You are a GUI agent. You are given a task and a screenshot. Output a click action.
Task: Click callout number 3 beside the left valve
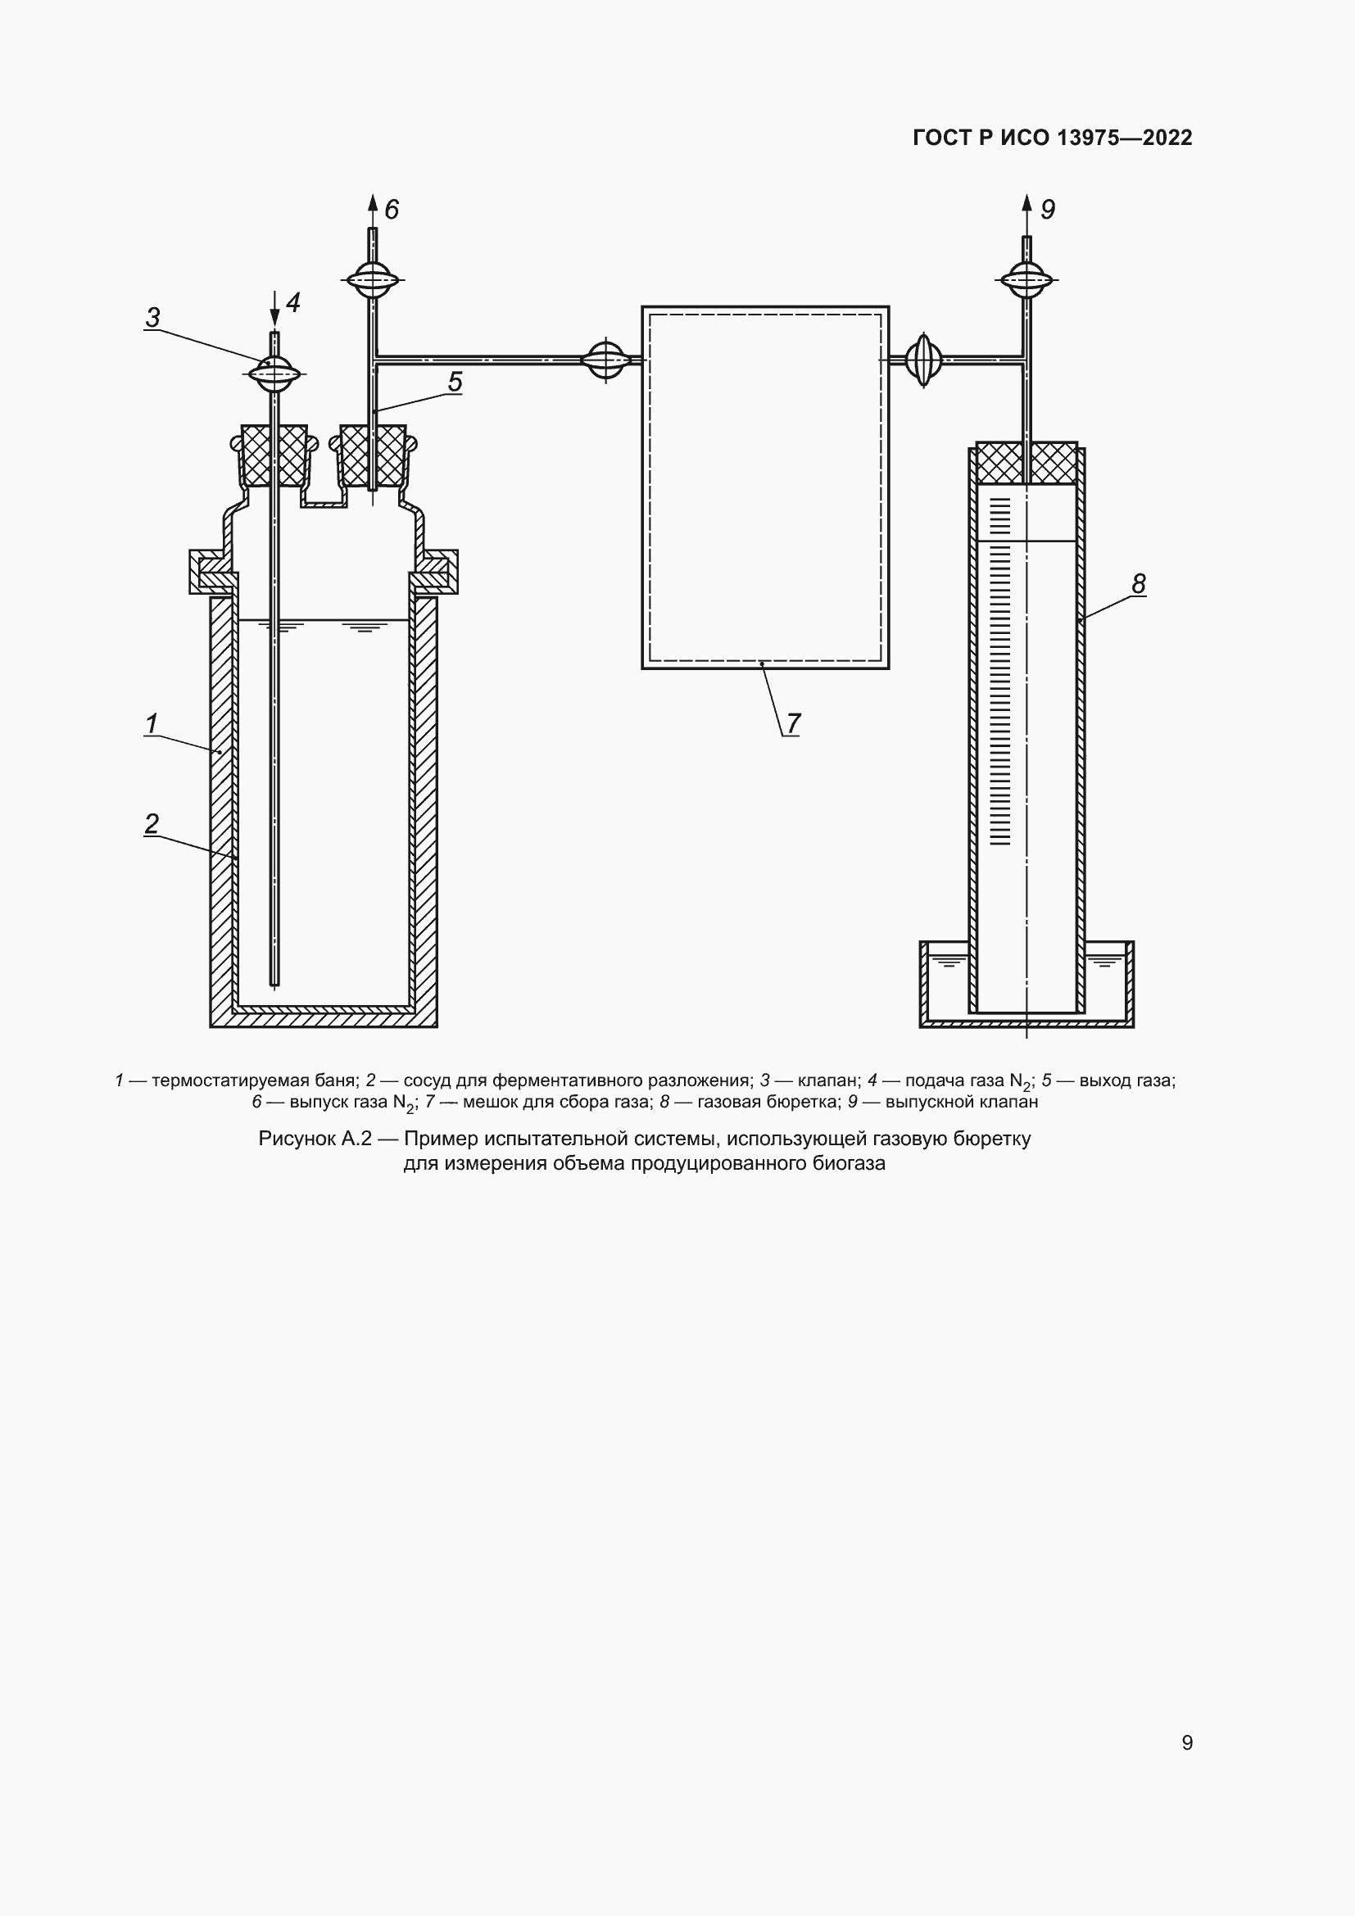152,318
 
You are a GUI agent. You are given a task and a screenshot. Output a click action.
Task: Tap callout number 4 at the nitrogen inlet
292,302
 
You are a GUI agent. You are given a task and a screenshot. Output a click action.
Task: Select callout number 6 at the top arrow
392,209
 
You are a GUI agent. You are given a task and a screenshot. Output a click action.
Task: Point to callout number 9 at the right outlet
1048,209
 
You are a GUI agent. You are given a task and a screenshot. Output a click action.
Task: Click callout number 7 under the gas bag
793,723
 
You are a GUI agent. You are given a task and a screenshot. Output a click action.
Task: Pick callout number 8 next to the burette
1139,583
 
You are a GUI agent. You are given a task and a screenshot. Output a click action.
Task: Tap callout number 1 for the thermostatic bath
152,723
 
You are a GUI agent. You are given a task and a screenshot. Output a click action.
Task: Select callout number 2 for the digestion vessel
152,823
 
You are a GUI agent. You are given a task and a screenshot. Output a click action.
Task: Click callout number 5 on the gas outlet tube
455,382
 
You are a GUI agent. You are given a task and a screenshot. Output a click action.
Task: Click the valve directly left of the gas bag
606,360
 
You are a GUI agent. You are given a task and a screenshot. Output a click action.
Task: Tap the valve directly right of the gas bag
923,360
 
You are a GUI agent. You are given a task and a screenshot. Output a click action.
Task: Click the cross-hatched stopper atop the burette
1027,463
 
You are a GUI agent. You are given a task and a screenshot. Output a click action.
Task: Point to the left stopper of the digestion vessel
274,456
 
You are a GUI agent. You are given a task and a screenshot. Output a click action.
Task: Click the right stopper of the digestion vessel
373,456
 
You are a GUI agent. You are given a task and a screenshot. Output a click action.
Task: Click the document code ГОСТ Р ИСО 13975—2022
1053,138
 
